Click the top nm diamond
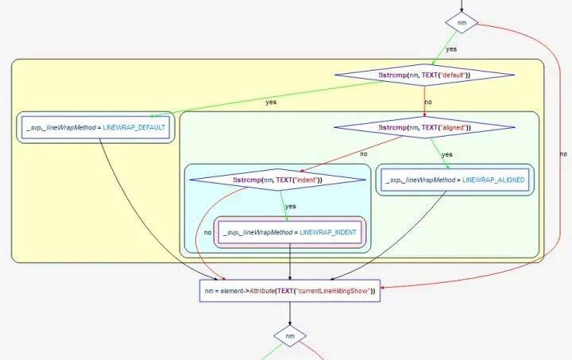tap(462, 24)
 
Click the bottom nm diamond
tap(290, 337)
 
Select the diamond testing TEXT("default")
tap(424, 75)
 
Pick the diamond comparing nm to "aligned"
tap(423, 127)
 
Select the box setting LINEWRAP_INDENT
tap(289, 232)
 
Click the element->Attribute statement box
tap(289, 291)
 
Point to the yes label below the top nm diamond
tap(451, 49)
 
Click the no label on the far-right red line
tap(563, 153)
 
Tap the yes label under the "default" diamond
tap(271, 102)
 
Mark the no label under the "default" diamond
tap(428, 102)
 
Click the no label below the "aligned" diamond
tap(363, 153)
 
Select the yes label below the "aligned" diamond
tap(446, 154)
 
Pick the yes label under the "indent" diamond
tap(290, 206)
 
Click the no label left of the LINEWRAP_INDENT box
tap(207, 233)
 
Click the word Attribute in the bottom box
tap(259, 291)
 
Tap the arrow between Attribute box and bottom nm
tap(289, 315)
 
